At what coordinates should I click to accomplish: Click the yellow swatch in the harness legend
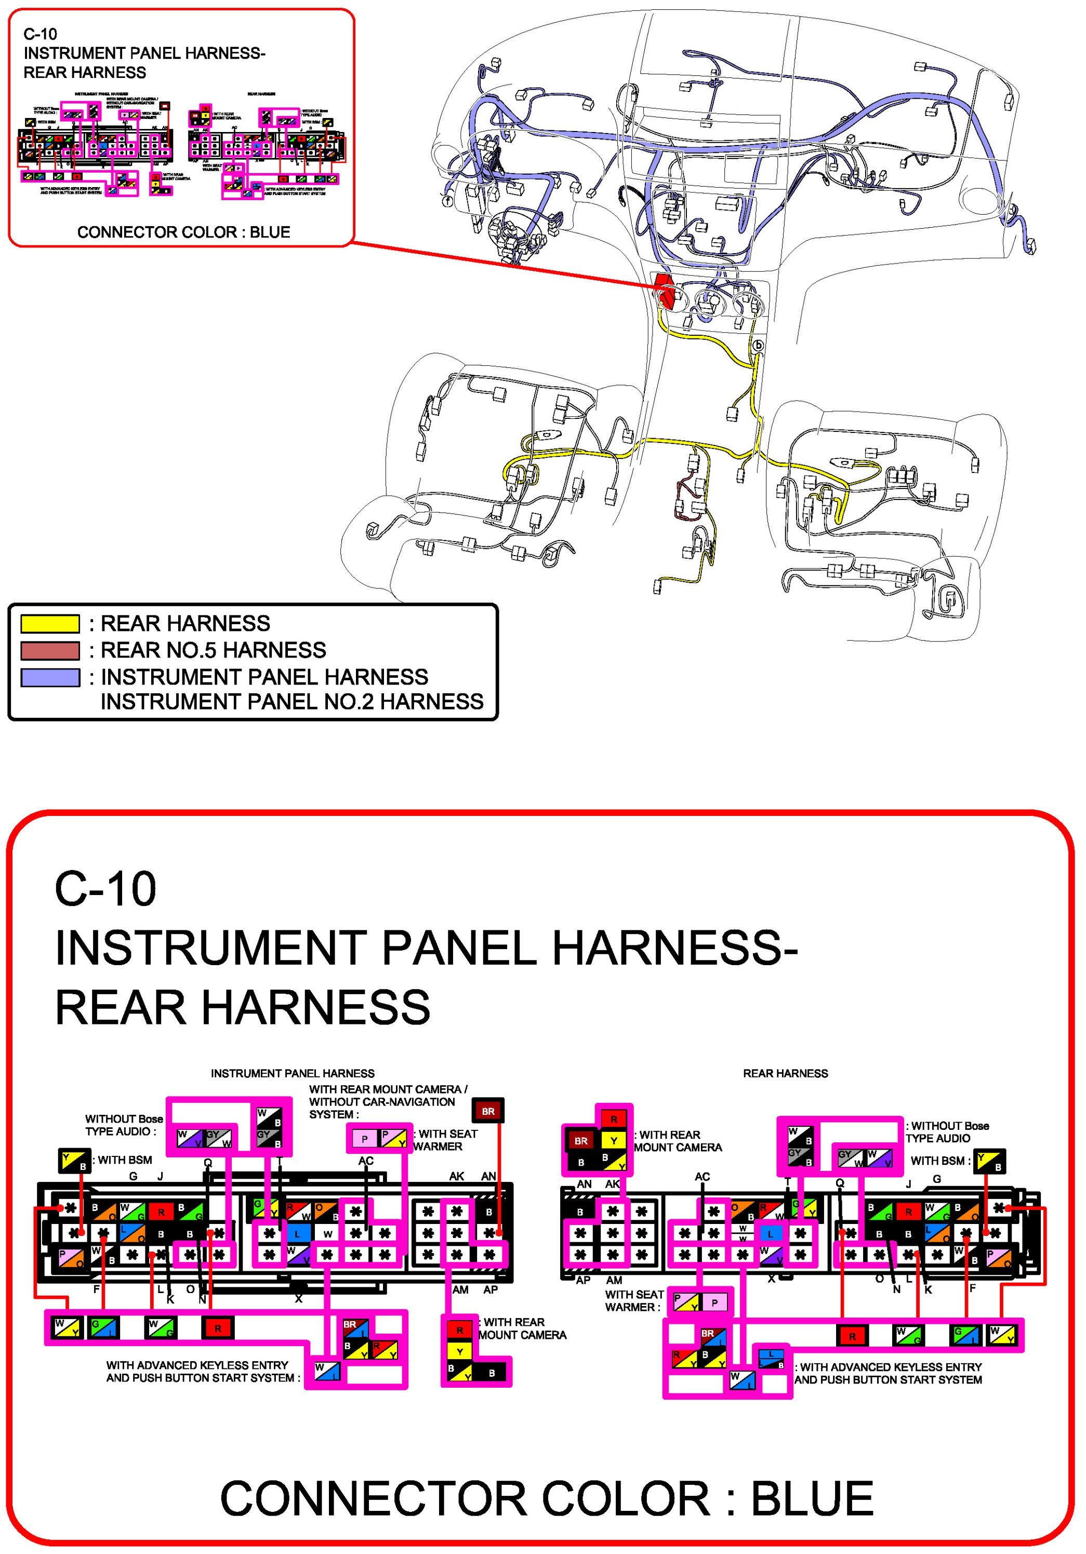click(x=50, y=623)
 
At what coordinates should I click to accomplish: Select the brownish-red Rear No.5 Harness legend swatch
click(x=50, y=650)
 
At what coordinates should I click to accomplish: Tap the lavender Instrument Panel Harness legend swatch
click(x=50, y=678)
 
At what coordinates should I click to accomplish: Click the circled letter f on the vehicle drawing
click(x=446, y=201)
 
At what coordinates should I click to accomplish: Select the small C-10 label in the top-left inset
click(x=40, y=34)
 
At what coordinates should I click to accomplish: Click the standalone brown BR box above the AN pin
click(x=488, y=1111)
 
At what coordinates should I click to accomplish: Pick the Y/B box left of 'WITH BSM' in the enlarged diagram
click(x=74, y=1162)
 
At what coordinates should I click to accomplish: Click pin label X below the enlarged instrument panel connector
click(x=298, y=1299)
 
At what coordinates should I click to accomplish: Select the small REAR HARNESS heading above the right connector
click(x=785, y=1073)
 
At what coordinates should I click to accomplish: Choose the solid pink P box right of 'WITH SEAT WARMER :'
click(x=714, y=1302)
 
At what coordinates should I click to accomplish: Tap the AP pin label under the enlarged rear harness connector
click(x=582, y=1280)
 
